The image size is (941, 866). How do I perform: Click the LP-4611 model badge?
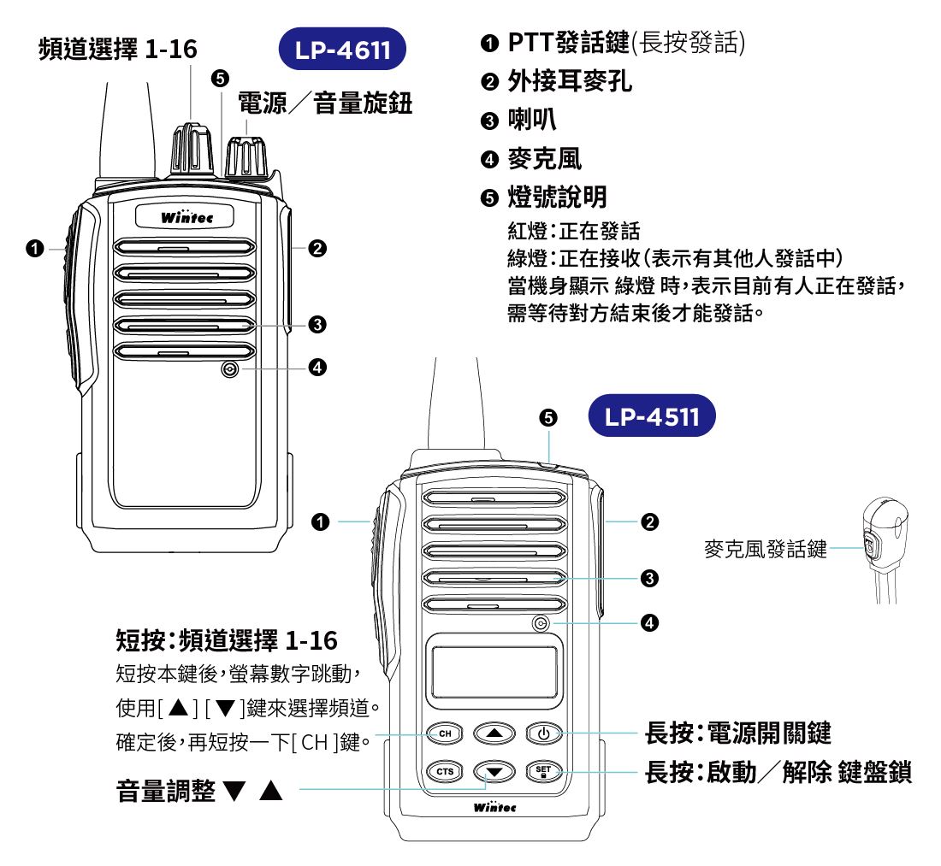343,50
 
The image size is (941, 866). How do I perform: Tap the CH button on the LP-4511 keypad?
443,733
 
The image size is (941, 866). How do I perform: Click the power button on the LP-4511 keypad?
544,733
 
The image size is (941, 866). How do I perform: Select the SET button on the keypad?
544,771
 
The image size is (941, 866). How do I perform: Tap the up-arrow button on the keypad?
494,733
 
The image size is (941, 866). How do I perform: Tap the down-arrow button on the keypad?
494,772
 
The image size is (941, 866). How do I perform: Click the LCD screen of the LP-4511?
494,672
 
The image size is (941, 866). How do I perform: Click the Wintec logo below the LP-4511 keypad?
494,806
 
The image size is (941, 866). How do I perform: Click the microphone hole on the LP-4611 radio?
228,369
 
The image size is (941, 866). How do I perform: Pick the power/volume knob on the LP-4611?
246,156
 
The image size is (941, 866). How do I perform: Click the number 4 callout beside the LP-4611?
317,368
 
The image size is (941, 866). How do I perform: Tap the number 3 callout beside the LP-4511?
650,579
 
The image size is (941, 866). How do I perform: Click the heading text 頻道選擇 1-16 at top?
118,50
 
